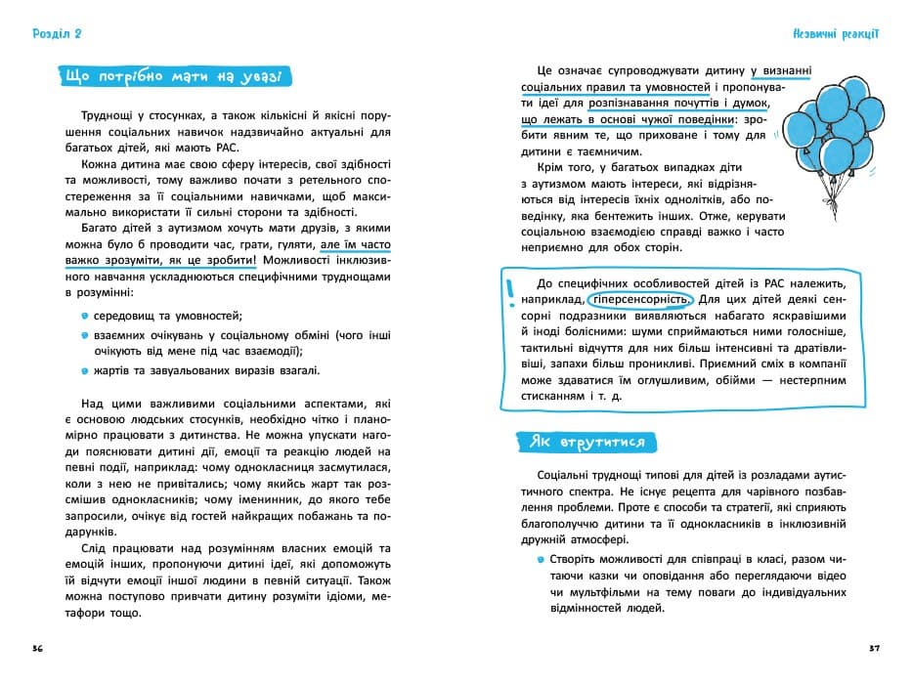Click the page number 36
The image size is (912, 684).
[37, 649]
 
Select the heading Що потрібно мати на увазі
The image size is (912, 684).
[172, 76]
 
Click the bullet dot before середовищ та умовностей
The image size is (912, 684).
[85, 315]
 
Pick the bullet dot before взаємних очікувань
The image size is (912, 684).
[85, 334]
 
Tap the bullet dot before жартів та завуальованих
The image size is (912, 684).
[85, 370]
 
